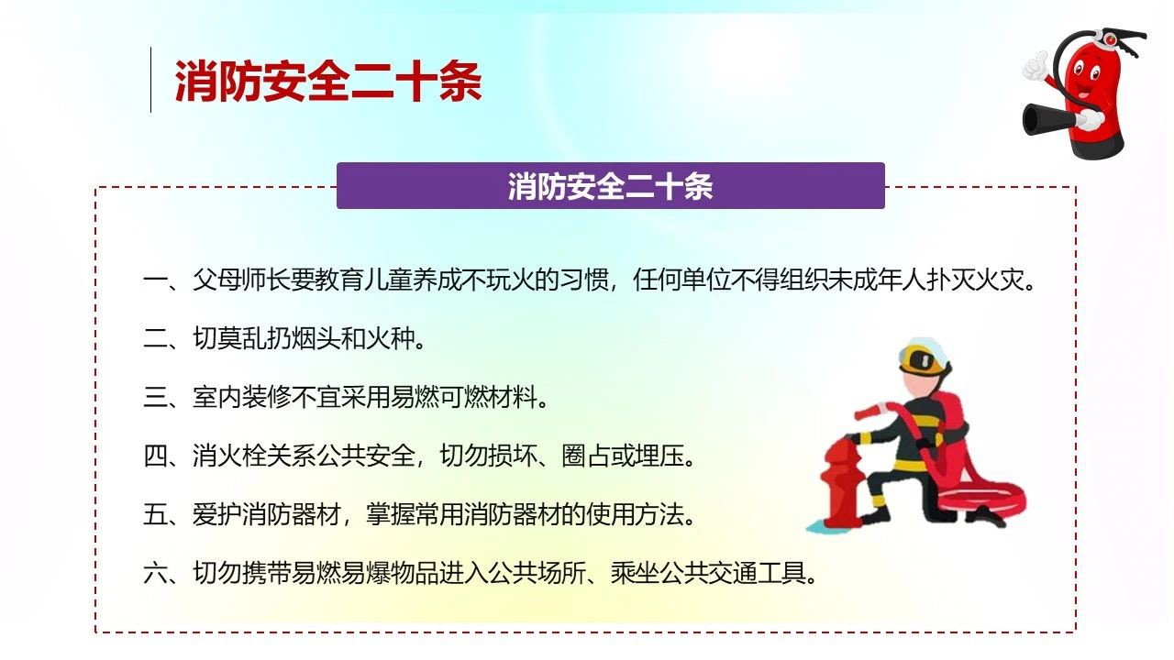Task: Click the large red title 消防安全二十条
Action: (328, 81)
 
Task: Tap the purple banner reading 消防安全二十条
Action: (611, 186)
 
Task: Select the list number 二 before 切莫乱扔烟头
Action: (156, 338)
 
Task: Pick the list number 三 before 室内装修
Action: (156, 397)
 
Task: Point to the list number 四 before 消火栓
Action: (156, 456)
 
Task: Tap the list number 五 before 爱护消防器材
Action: (156, 514)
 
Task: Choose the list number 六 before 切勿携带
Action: (156, 573)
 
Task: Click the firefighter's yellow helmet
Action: (924, 357)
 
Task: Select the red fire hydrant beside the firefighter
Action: (841, 483)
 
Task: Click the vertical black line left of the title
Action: (151, 80)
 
